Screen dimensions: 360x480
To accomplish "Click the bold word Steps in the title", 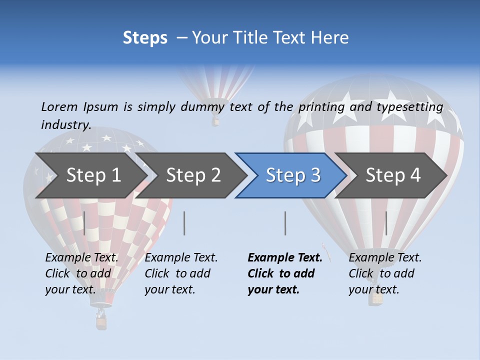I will tap(145, 38).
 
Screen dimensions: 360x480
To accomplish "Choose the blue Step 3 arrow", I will tap(293, 175).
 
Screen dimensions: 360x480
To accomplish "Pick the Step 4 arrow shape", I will tap(393, 175).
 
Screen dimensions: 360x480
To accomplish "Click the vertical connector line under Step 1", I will tap(84, 223).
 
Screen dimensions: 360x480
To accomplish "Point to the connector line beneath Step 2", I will tap(184, 223).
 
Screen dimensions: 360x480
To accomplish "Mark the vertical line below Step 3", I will tap(285, 223).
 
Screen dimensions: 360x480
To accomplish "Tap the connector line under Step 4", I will tap(386, 223).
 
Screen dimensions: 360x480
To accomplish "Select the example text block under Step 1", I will tap(81, 273).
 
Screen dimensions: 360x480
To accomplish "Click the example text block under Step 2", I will tap(181, 273).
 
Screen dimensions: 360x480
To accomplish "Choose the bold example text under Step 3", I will tap(284, 273).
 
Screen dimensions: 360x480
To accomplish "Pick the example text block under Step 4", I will tap(385, 273).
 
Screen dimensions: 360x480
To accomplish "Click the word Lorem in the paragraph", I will tap(59, 106).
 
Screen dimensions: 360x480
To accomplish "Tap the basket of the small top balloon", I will tap(215, 121).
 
